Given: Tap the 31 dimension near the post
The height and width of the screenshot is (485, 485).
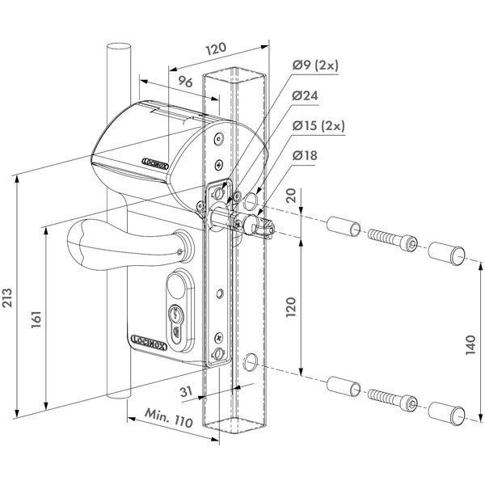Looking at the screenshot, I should click(187, 393).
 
